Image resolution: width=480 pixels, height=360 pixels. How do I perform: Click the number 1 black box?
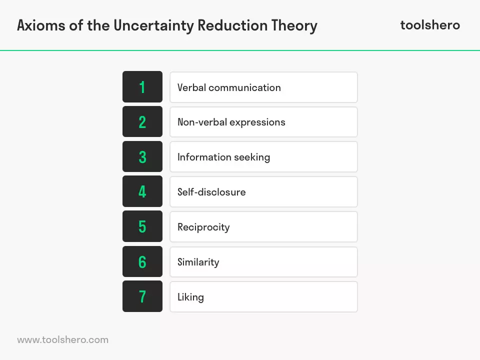coord(142,86)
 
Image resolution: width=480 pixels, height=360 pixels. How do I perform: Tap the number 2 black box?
coord(142,121)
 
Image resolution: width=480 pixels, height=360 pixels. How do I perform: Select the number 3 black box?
coord(142,156)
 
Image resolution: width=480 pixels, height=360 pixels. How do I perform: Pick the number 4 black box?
coord(142,191)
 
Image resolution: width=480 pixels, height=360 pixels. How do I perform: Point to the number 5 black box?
coord(142,226)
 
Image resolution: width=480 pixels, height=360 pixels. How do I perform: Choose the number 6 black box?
coord(142,261)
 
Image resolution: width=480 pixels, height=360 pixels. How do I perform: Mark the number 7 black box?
coord(142,296)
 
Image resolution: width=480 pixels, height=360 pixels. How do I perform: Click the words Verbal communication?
coord(229,87)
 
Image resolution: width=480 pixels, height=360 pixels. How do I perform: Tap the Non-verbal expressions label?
coord(231,122)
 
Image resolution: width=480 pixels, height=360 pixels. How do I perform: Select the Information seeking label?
coord(224,157)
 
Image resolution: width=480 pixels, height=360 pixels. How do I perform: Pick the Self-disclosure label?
coord(211,192)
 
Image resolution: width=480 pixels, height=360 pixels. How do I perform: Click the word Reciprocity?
coord(203,227)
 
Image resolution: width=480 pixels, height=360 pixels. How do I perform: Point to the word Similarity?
coord(198,262)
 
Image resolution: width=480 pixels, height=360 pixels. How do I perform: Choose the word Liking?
coord(190,297)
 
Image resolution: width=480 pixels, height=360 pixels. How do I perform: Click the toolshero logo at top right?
coord(430,25)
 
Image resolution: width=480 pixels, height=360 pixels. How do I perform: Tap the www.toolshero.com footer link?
coord(63,340)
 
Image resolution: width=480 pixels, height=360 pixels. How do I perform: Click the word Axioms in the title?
coord(41,25)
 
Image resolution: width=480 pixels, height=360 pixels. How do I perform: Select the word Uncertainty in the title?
coord(153,25)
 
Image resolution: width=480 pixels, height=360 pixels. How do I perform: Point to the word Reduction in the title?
coord(232,25)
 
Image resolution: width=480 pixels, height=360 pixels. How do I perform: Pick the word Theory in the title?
coord(294,25)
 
